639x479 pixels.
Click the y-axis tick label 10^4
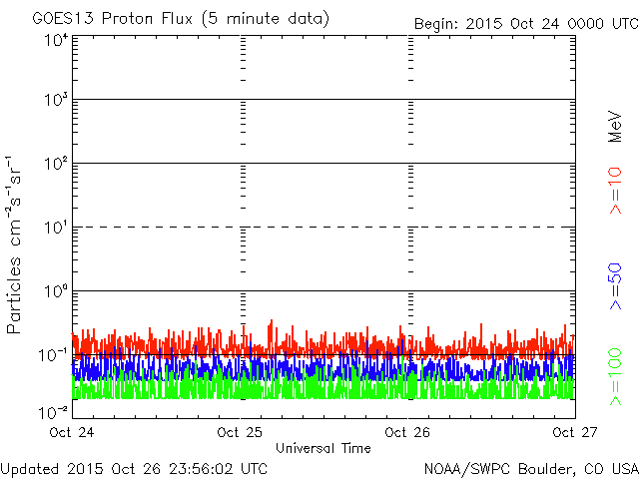56,40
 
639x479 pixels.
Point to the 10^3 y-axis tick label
56,101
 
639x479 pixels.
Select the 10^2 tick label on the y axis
56,165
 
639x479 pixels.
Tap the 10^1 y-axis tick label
56,229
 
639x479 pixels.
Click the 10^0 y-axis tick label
56,292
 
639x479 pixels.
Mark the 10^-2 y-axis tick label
54,411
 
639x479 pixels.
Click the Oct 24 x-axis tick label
72,433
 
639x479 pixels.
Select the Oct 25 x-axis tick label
240,433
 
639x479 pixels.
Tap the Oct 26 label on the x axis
407,433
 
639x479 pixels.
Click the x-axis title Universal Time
322,448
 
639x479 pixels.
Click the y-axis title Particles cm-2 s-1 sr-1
17,243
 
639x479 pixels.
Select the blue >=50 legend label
615,285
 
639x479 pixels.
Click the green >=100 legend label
615,375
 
